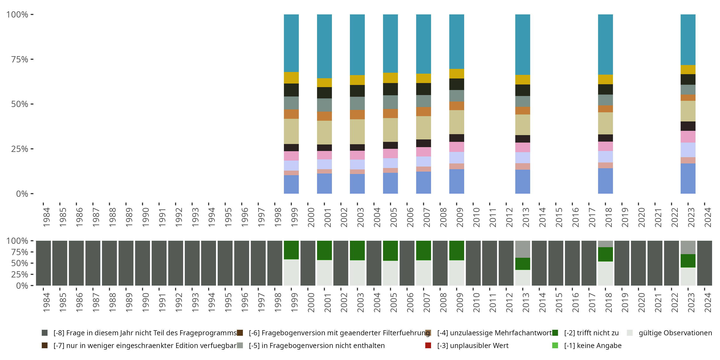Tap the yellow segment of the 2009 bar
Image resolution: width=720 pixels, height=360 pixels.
coord(456,73)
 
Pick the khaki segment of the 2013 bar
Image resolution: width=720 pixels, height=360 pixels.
coord(522,125)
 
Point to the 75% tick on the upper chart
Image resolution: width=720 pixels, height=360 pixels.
coord(32,59)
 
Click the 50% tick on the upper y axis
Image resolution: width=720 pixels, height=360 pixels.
coord(32,104)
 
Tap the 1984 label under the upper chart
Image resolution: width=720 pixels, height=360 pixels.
coord(46,217)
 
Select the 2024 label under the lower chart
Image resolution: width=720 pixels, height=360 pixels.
coord(708,302)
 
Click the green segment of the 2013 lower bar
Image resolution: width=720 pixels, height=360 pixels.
coord(522,264)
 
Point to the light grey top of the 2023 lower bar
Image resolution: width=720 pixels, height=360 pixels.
coord(688,247)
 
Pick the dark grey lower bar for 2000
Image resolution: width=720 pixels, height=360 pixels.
coord(308,263)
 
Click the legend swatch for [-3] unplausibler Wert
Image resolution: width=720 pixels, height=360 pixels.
coord(428,345)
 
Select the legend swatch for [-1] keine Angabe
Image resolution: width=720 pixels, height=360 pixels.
coord(555,345)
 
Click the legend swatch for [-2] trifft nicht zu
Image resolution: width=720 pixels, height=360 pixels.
coord(555,333)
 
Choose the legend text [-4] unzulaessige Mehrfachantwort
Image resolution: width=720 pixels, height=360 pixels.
coord(494,333)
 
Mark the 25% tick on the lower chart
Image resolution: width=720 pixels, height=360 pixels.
coord(32,274)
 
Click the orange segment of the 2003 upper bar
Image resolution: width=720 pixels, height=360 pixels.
coord(357,114)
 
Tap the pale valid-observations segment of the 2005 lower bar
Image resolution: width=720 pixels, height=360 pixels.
coord(390,273)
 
